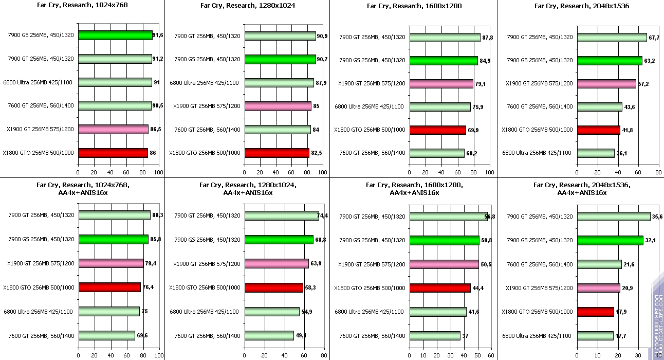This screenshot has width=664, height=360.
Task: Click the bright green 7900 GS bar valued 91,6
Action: coord(115,35)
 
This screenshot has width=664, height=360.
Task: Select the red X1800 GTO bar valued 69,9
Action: coord(437,130)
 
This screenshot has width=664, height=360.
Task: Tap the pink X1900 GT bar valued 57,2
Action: coord(606,83)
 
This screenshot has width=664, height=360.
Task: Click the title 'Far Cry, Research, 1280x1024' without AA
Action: coord(247,6)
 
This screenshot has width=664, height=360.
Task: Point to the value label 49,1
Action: coord(301,335)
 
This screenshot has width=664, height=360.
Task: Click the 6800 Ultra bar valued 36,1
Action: coord(596,153)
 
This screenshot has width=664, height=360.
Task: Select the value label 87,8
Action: coord(487,37)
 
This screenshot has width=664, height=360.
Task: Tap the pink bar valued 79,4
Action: coord(111,263)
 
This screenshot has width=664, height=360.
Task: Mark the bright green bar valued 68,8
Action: coord(279,240)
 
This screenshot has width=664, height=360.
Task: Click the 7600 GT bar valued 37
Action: coord(435,335)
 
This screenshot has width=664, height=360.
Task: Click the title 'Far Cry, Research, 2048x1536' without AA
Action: coord(581,6)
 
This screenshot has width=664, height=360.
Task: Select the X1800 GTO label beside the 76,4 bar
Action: coord(39,287)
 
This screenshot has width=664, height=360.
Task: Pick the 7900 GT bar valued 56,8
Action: coord(448,217)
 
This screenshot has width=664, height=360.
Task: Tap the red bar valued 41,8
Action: coord(599,130)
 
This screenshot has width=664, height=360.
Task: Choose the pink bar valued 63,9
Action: coord(276,263)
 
